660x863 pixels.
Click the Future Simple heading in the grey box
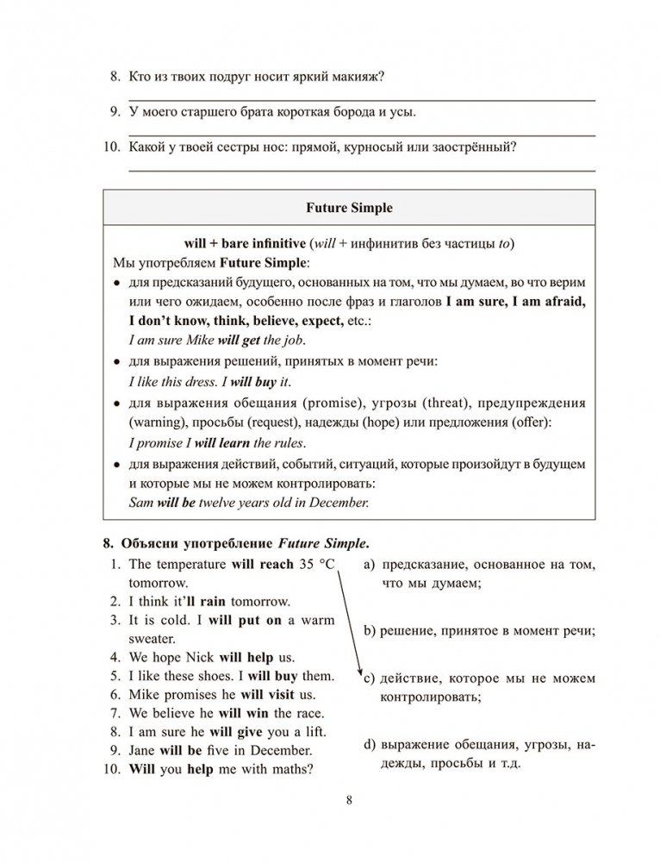(350, 208)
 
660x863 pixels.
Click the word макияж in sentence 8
(358, 78)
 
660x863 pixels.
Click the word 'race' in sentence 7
(308, 713)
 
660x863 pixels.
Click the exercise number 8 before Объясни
(107, 543)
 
